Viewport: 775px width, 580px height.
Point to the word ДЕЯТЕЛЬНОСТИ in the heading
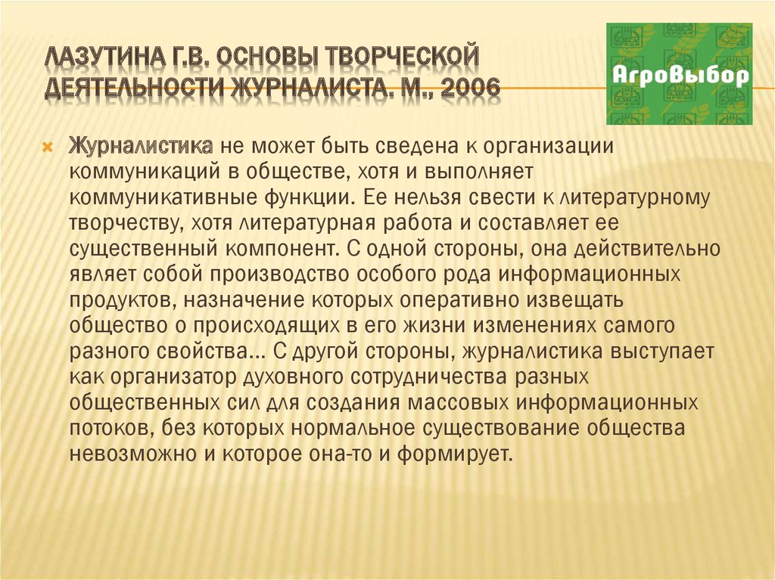tap(135, 88)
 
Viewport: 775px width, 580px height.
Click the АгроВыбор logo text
tap(680, 76)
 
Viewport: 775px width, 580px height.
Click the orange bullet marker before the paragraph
tap(48, 147)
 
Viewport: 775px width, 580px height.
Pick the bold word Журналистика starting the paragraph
tap(142, 146)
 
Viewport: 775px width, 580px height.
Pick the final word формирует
tap(454, 454)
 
